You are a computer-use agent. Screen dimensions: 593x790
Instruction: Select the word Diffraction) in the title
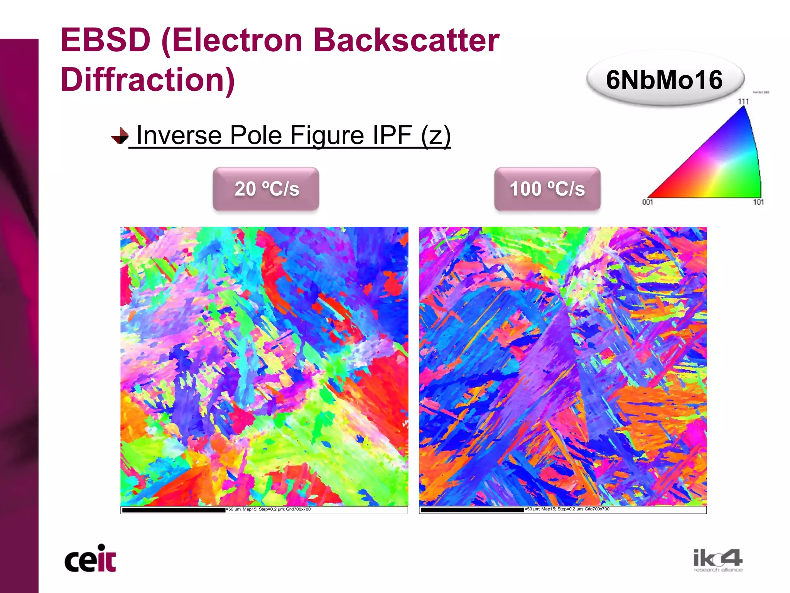coord(148,79)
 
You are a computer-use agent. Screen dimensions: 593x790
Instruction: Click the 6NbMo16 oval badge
coord(664,80)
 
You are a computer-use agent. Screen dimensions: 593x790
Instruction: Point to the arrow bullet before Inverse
coord(120,136)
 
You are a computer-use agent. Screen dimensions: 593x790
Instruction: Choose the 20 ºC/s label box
coord(266,189)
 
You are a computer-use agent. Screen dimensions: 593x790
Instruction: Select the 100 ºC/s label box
coord(547,189)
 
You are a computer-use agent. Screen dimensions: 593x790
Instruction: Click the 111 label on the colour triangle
coord(743,101)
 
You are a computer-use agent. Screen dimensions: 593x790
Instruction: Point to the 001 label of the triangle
coord(647,202)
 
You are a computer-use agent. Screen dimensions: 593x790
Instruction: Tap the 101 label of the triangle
coord(758,202)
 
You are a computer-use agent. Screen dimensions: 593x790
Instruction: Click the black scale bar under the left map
coord(174,510)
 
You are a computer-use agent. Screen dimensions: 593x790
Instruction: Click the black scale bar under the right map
coord(473,510)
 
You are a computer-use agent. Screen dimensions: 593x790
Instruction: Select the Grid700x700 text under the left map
coord(298,509)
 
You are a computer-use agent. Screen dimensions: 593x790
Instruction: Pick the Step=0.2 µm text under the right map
coord(570,509)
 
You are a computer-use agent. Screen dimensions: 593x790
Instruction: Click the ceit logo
coord(90,559)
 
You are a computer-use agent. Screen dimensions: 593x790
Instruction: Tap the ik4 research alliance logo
coord(718,561)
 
